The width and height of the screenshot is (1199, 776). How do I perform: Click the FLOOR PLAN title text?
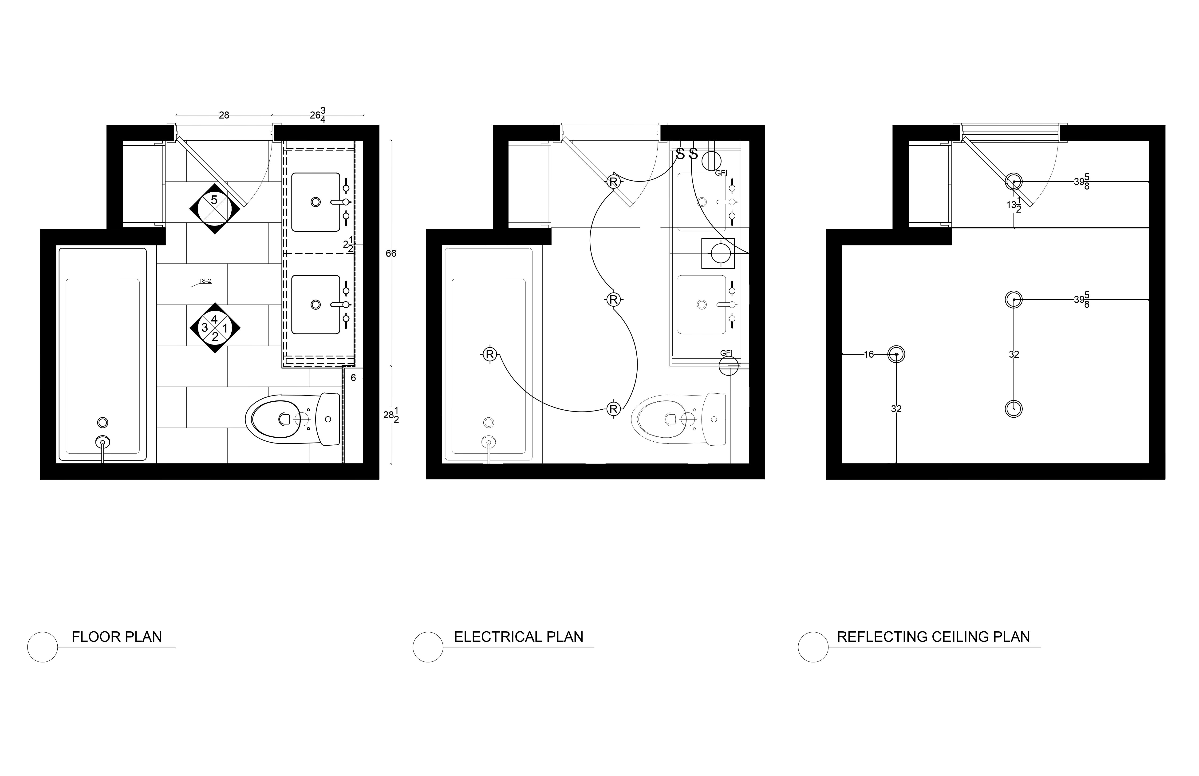[x=116, y=637]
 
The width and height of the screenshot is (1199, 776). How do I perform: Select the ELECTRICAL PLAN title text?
[x=518, y=637]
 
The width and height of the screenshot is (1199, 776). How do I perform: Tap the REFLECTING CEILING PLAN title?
[x=933, y=637]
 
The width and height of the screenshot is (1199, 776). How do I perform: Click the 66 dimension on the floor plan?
[x=391, y=253]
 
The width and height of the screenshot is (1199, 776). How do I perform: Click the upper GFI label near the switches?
[x=721, y=173]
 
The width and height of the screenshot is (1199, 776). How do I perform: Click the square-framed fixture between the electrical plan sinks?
[x=718, y=253]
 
